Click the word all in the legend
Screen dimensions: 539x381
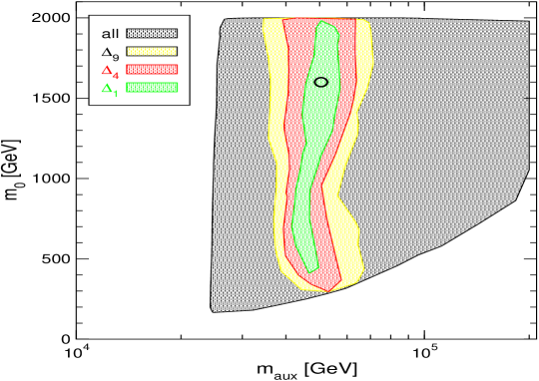pyautogui.click(x=110, y=34)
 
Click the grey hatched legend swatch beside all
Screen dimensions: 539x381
pyautogui.click(x=151, y=33)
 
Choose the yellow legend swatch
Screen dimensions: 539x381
pyautogui.click(x=151, y=51)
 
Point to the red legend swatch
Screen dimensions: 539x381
pyautogui.click(x=151, y=69)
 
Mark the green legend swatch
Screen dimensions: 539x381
pyautogui.click(x=151, y=87)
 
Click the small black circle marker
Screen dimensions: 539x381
pyautogui.click(x=320, y=82)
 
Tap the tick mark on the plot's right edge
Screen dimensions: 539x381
pyautogui.click(x=525, y=98)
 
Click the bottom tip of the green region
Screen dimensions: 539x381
pyautogui.click(x=310, y=271)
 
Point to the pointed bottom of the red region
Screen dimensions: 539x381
pyautogui.click(x=327, y=291)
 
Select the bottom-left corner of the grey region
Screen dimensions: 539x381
pyautogui.click(x=213, y=310)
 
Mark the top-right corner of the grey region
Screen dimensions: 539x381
pyautogui.click(x=528, y=22)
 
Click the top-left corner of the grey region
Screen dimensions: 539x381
pyautogui.click(x=226, y=20)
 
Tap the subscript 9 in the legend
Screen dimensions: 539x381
pyautogui.click(x=116, y=56)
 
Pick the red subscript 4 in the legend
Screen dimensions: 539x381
pyautogui.click(x=116, y=74)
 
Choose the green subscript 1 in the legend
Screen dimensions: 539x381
pyautogui.click(x=116, y=93)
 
